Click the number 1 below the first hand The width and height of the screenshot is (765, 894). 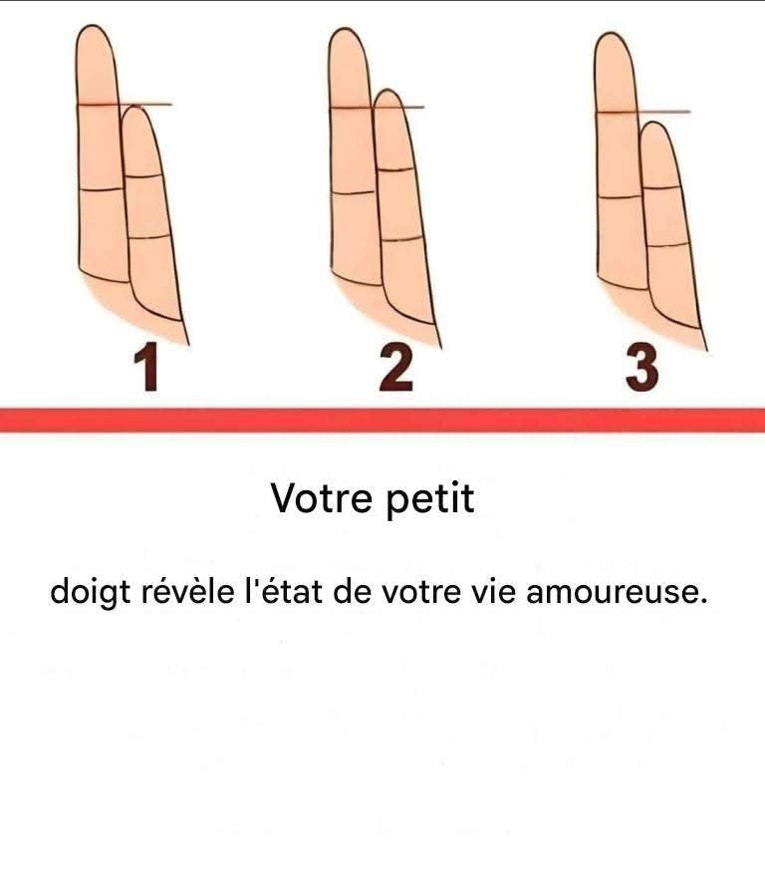coord(146,369)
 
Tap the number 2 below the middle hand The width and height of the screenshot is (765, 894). coord(395,369)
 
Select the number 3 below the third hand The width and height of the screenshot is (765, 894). coord(641,369)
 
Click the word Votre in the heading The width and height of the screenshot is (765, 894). coord(322,497)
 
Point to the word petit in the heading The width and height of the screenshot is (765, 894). coord(430,499)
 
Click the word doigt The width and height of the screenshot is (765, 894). coord(91,592)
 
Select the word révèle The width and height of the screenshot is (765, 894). coord(187,592)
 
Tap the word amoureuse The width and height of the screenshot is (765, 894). coord(617,593)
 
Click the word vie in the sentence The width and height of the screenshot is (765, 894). coord(493,592)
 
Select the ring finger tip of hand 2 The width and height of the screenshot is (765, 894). coord(347,30)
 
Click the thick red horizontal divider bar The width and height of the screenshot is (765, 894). coord(382,421)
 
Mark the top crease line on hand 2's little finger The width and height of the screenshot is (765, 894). coord(394,169)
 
